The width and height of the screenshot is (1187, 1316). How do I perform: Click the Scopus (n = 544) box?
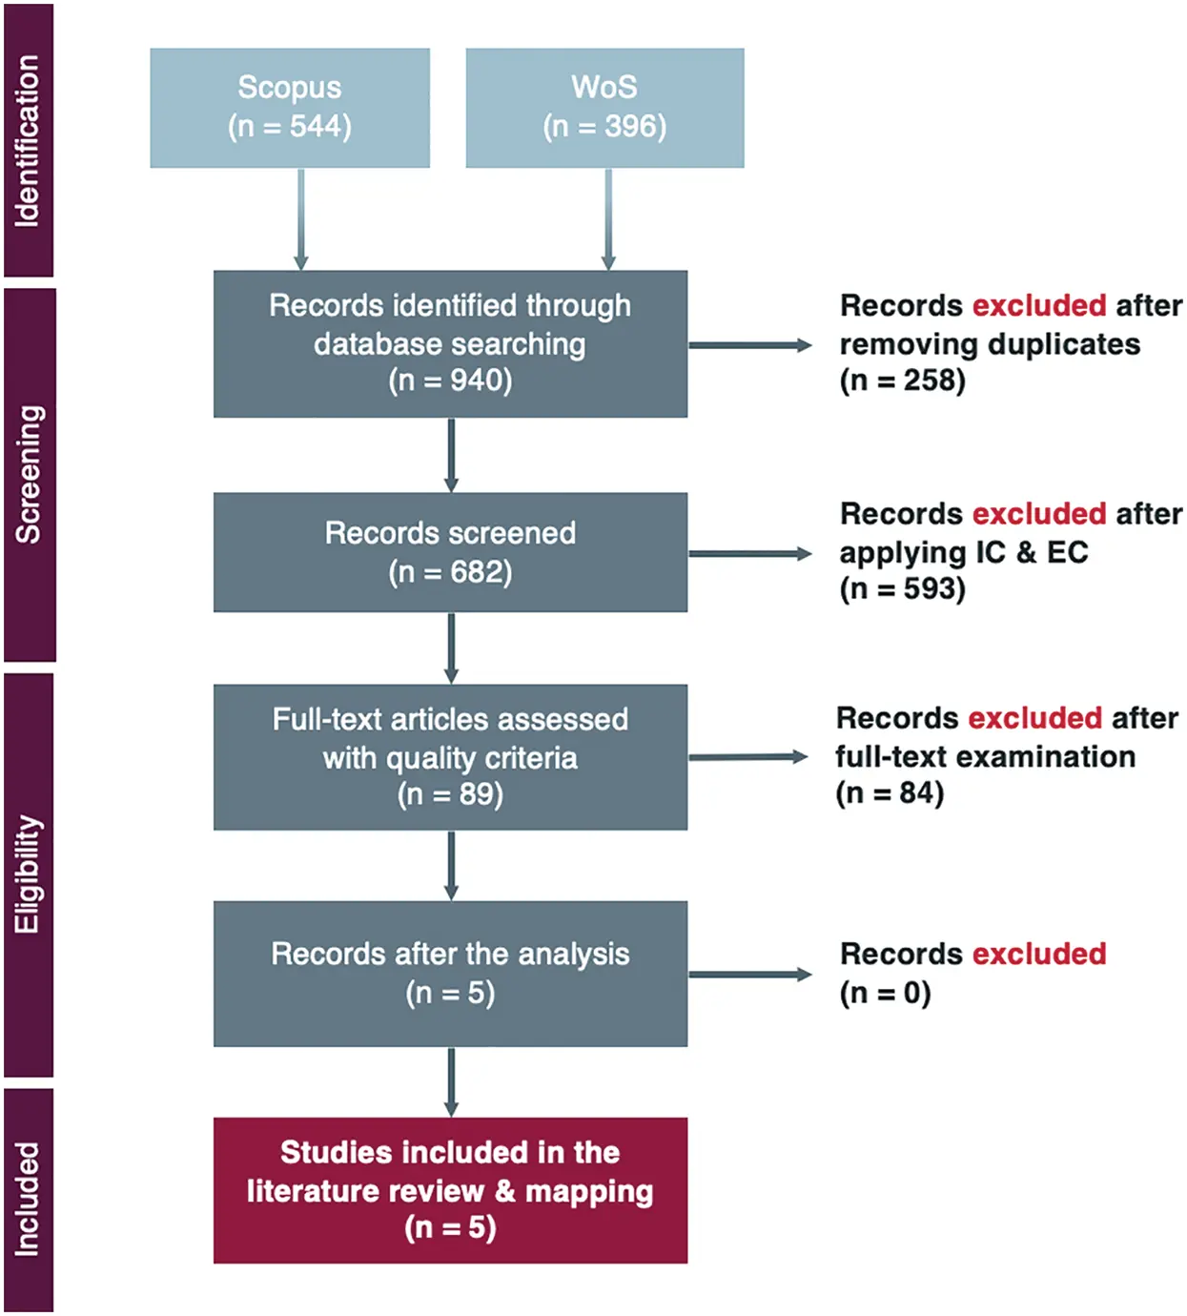[x=290, y=108]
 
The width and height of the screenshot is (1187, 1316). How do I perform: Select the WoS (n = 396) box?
[x=604, y=108]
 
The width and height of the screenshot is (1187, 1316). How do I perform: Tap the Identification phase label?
[x=28, y=140]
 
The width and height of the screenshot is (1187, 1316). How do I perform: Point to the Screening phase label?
[x=29, y=474]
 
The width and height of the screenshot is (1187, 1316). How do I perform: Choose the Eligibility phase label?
[x=28, y=874]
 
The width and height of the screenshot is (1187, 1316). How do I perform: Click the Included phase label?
[x=28, y=1199]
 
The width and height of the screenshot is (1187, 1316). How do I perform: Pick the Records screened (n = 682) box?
[x=450, y=552]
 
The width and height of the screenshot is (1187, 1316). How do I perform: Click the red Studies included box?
[x=450, y=1190]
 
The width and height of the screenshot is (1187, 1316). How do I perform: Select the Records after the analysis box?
[x=450, y=974]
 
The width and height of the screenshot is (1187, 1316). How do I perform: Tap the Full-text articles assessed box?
[x=450, y=757]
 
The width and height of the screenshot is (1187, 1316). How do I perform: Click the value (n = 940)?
[x=450, y=380]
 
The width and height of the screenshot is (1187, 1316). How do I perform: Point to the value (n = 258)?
[x=902, y=380]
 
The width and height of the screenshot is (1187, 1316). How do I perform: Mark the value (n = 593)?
[x=902, y=588]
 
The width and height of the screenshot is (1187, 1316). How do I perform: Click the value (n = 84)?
[x=890, y=792]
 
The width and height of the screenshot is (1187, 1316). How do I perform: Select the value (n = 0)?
[x=885, y=993]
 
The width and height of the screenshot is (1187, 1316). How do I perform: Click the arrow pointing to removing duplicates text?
[x=749, y=345]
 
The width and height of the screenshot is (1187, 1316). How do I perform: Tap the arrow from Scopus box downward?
[x=301, y=219]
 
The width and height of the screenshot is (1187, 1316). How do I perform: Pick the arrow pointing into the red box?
[x=451, y=1082]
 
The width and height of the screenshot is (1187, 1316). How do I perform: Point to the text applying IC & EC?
[x=963, y=552]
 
